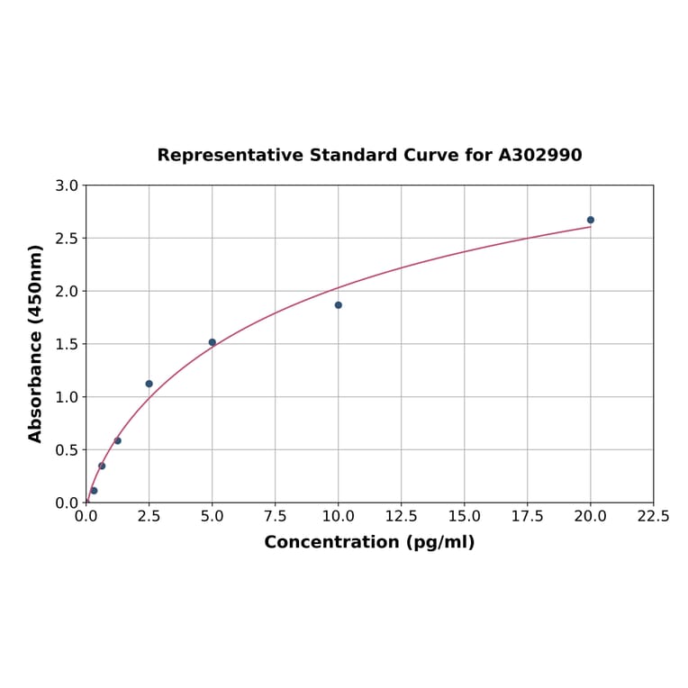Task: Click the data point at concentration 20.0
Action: [x=591, y=220]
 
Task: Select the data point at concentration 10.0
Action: [x=339, y=305]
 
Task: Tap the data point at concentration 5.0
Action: [x=213, y=342]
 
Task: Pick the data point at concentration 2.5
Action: [x=149, y=384]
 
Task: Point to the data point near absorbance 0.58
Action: [x=118, y=440]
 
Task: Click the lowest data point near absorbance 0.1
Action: [x=94, y=491]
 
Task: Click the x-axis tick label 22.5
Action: [x=653, y=516]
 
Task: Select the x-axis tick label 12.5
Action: [x=401, y=516]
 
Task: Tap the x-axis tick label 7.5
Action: [x=276, y=516]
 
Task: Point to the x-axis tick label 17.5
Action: [x=527, y=516]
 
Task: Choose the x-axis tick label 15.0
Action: [x=464, y=516]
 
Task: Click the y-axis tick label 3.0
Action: [x=67, y=186]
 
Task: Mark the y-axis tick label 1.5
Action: [x=67, y=344]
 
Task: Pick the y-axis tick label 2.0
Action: [x=67, y=291]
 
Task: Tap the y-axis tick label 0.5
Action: [x=67, y=449]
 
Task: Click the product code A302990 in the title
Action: [x=540, y=155]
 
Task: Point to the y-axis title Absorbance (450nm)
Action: [x=36, y=343]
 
